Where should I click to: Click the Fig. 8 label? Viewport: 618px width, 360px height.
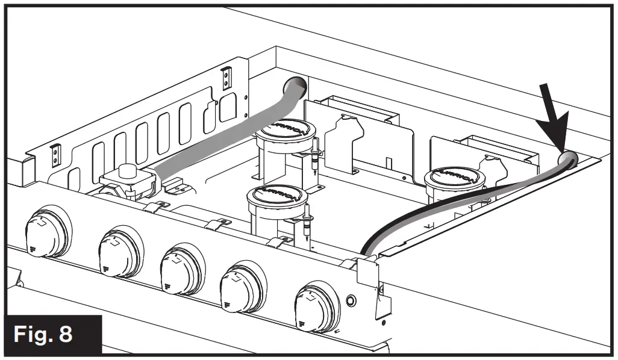click(x=51, y=334)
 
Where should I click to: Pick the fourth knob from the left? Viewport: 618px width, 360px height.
click(x=240, y=287)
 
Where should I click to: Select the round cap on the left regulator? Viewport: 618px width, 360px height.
click(x=126, y=172)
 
